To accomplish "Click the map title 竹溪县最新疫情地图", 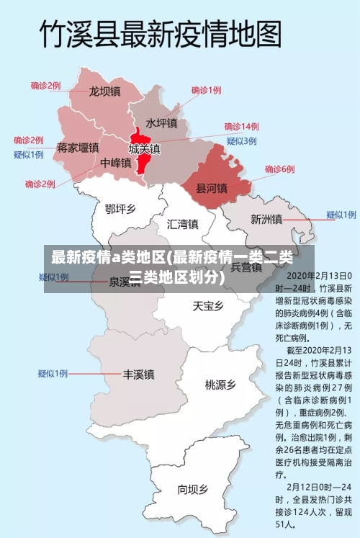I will point(160,34).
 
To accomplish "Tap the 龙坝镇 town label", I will point(104,91).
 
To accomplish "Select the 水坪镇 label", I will point(161,123).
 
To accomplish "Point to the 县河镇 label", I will point(212,188).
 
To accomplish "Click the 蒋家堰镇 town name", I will point(78,148).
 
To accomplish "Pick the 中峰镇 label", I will point(115,163).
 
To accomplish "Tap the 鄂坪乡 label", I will point(120,209).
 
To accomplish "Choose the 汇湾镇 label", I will point(182,223).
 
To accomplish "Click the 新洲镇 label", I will point(266,219).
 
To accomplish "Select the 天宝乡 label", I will point(207,306).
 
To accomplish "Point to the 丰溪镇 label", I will point(138,375).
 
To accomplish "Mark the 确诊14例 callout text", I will point(241,127).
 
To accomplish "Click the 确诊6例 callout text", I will point(279,169).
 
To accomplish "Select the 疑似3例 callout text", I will point(241,140).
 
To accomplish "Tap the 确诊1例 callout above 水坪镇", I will point(206,91).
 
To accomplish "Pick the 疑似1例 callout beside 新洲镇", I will point(341,215).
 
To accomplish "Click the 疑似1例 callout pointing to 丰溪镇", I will point(53,373).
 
